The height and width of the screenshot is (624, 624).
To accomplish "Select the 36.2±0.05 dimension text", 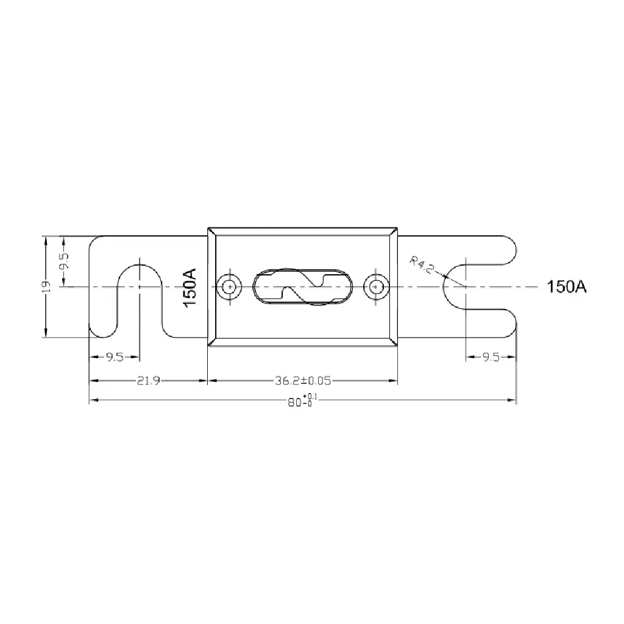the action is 303,381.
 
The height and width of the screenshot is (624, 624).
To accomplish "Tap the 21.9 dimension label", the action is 149,381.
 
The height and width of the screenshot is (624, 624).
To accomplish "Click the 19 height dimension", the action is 46,286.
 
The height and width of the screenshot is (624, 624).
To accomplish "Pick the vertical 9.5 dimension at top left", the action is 64,261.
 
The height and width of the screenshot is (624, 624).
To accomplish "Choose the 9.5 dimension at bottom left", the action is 115,357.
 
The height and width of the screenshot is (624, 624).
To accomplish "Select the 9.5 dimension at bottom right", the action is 491,357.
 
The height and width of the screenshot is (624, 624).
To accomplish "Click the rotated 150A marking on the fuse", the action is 190,288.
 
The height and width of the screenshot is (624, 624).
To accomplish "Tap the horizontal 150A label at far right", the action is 567,286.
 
